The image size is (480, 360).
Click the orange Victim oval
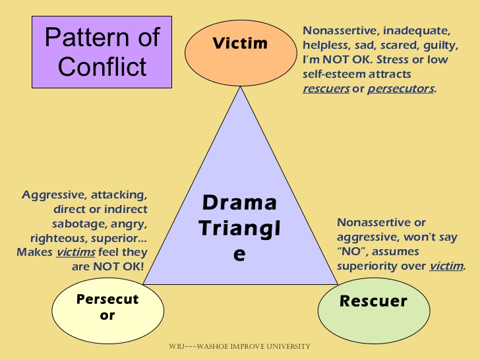pos(239,44)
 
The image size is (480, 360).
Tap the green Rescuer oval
pos(373,302)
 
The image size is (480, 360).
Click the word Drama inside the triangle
pos(239,202)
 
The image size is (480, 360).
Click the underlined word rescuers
pos(326,88)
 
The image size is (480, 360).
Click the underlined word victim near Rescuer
pos(446,266)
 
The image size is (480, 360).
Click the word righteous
pos(57,239)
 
